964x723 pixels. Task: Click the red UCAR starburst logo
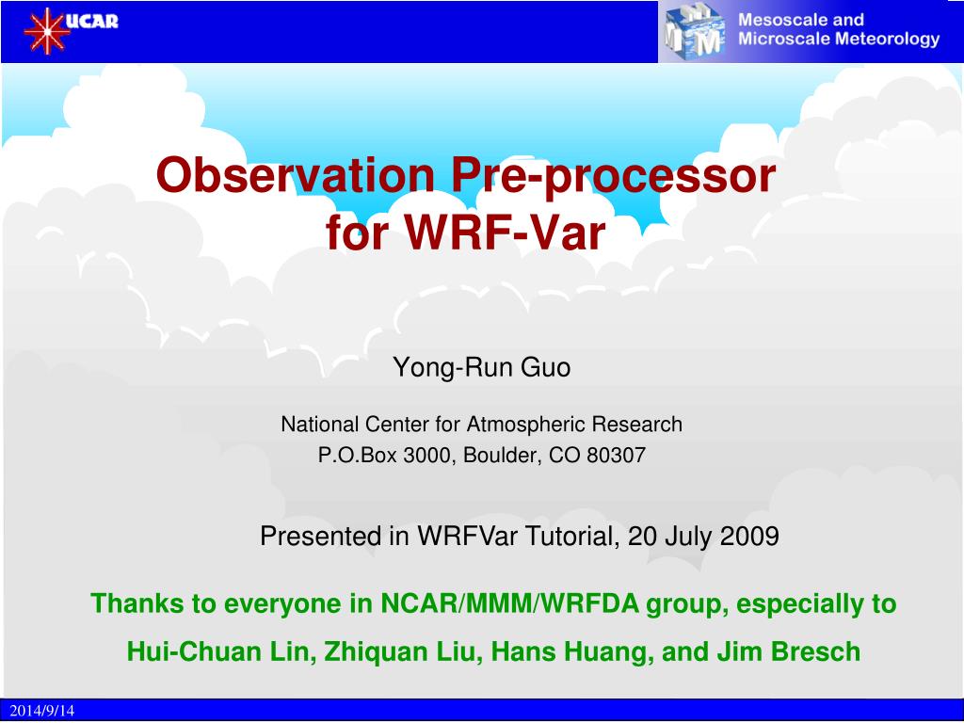tap(46, 31)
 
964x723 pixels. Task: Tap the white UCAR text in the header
tap(91, 21)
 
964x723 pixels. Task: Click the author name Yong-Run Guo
tap(481, 368)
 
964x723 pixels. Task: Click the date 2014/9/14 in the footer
tap(41, 711)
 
